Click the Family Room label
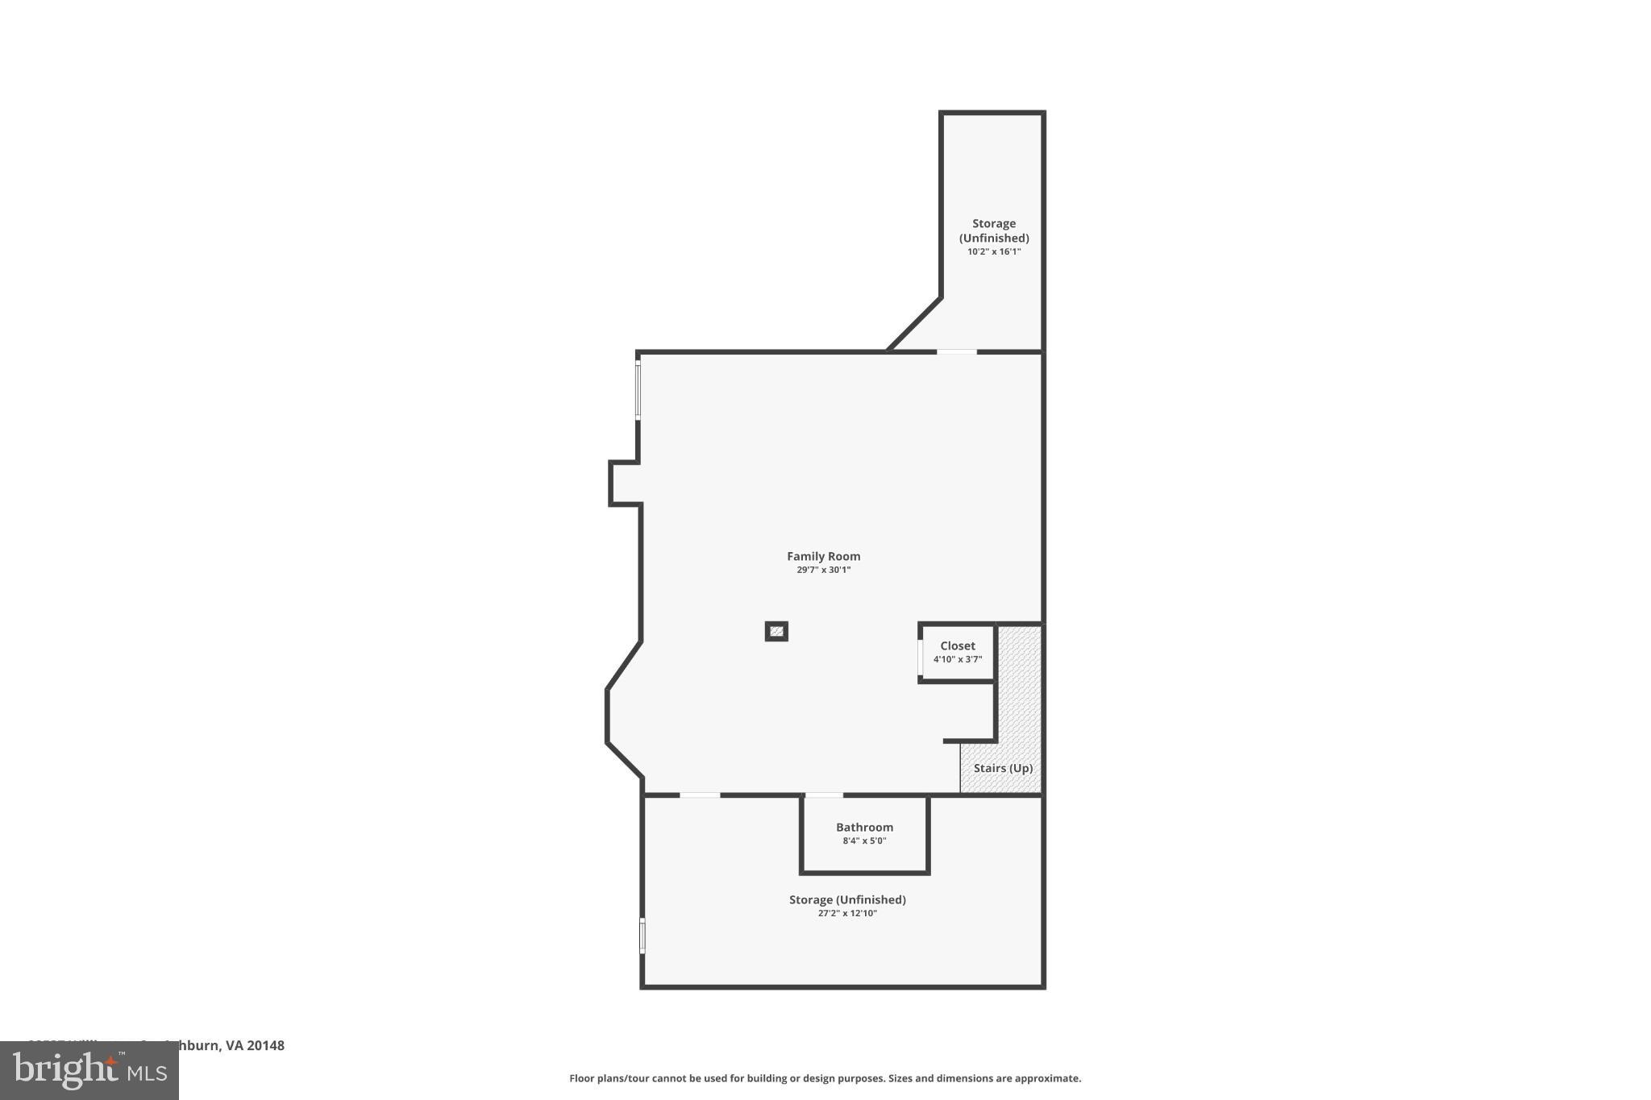pyautogui.click(x=823, y=556)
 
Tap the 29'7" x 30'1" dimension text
pyautogui.click(x=823, y=570)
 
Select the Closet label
pyautogui.click(x=957, y=645)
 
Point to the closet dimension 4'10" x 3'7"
pyautogui.click(x=957, y=659)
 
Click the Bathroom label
pyautogui.click(x=864, y=827)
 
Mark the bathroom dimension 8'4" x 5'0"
pyautogui.click(x=864, y=841)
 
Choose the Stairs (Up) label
pyautogui.click(x=1002, y=768)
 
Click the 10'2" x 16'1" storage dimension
pyautogui.click(x=993, y=251)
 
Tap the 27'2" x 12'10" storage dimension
pyautogui.click(x=846, y=913)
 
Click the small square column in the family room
pyautogui.click(x=776, y=632)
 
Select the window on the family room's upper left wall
pyautogui.click(x=638, y=391)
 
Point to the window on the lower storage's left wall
pyautogui.click(x=643, y=936)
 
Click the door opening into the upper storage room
pyautogui.click(x=956, y=351)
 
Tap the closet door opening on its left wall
pyautogui.click(x=920, y=657)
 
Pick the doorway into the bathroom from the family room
pyautogui.click(x=824, y=795)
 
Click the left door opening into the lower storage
pyautogui.click(x=700, y=795)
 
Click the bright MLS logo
pyautogui.click(x=89, y=1070)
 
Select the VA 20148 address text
pyautogui.click(x=255, y=1045)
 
